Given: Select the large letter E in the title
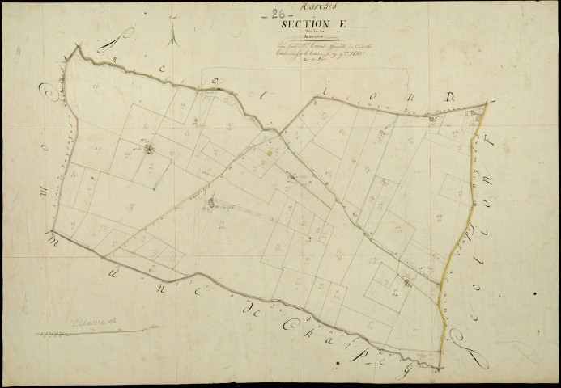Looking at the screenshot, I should tap(330, 25).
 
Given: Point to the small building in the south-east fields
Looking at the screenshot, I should tap(406, 282).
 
